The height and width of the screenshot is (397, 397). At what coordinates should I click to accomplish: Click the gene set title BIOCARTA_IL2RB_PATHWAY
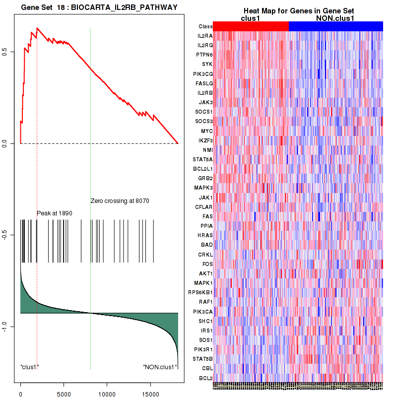click(x=99, y=7)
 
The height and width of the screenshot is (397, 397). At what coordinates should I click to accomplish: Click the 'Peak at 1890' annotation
click(x=55, y=213)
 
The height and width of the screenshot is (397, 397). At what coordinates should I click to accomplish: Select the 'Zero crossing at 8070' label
click(x=120, y=201)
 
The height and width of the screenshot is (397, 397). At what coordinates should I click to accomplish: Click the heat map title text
click(x=298, y=11)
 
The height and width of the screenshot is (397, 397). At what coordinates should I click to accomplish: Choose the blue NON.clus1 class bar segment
click(x=335, y=26)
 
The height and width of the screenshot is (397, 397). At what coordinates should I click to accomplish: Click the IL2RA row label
click(x=204, y=36)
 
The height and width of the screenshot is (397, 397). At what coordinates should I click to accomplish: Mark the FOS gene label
click(x=207, y=264)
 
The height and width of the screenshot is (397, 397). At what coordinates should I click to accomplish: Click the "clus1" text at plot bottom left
click(x=29, y=367)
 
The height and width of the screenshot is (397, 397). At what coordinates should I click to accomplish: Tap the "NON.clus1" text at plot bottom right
click(x=160, y=367)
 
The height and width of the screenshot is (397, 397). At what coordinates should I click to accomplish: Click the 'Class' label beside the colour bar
click(x=205, y=26)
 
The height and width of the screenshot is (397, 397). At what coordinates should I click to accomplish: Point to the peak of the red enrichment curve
click(x=37, y=28)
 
